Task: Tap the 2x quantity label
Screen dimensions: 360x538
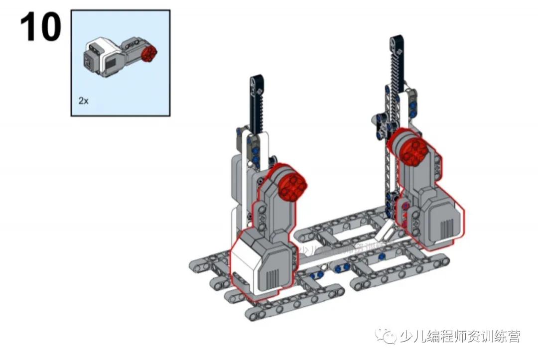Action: tap(83, 100)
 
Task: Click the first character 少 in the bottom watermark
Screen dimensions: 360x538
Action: tap(406, 337)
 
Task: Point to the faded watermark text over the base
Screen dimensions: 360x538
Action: tap(339, 249)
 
